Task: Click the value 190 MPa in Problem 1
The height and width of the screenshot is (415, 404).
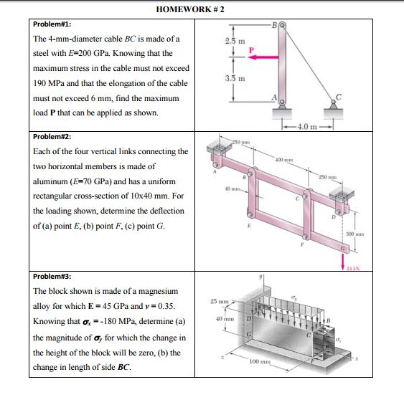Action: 50,83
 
